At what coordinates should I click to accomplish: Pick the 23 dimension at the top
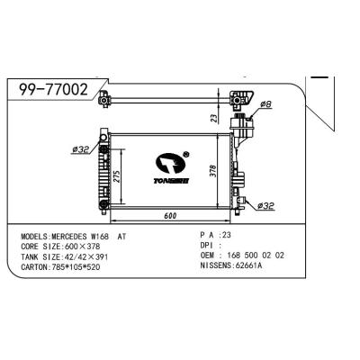point(212,117)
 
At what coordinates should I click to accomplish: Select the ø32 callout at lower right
point(266,206)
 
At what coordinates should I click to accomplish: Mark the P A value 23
point(226,235)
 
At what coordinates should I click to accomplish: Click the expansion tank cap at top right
point(243,93)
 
